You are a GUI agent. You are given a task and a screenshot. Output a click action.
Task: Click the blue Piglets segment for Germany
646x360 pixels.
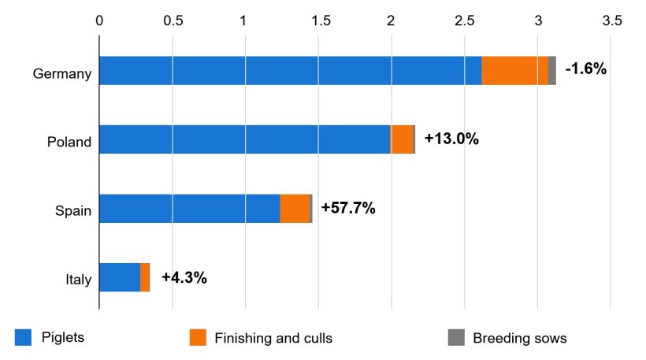click(x=290, y=71)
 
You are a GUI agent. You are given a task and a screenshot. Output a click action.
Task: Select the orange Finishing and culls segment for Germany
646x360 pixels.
click(x=514, y=71)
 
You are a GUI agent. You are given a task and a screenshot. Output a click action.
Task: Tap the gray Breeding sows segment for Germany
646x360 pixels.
click(x=552, y=71)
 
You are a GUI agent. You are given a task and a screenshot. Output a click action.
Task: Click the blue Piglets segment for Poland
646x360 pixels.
click(x=244, y=139)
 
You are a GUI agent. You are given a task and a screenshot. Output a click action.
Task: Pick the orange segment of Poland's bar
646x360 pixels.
click(x=402, y=139)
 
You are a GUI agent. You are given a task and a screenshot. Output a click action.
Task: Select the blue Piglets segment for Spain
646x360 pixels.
click(x=189, y=209)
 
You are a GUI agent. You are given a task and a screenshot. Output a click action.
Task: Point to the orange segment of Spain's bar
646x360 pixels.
click(x=295, y=209)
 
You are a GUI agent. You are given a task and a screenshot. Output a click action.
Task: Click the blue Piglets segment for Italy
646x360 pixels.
click(x=119, y=277)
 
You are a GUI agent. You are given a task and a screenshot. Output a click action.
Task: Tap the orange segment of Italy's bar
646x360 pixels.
click(x=145, y=277)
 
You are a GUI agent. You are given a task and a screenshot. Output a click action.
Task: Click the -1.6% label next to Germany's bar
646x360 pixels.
click(x=585, y=69)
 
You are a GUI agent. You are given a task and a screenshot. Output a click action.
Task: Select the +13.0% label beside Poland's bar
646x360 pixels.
click(x=451, y=139)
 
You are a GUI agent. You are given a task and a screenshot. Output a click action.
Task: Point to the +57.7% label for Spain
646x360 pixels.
click(x=347, y=208)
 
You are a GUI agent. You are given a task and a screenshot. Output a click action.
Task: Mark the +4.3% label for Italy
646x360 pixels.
click(x=184, y=277)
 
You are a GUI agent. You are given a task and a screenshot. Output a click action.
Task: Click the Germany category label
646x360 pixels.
click(x=62, y=75)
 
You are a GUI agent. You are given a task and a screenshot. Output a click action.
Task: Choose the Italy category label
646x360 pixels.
click(x=78, y=280)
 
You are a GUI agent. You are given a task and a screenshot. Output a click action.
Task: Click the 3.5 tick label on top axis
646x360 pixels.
click(x=611, y=20)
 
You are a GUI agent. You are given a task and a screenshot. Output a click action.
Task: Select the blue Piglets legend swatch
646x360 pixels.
click(x=22, y=338)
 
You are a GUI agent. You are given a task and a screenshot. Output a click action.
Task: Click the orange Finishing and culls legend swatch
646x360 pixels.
click(x=198, y=338)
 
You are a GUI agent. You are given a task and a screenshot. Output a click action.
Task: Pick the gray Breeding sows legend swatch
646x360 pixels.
click(x=456, y=338)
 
